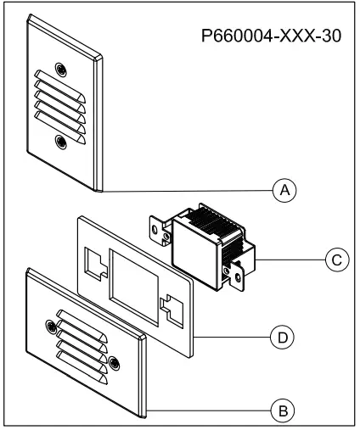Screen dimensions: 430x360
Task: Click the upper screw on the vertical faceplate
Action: [x=59, y=69]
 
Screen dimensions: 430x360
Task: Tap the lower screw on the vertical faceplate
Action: [x=59, y=142]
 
